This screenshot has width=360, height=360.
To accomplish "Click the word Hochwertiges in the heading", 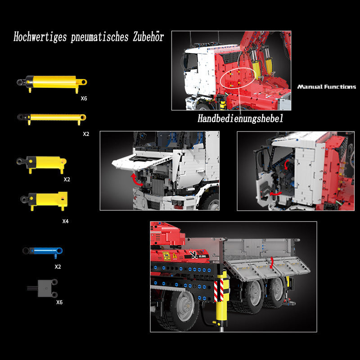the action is point(40,37).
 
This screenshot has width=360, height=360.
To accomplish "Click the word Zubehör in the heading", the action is point(148,37).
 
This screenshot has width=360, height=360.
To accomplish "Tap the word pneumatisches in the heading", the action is point(99,37).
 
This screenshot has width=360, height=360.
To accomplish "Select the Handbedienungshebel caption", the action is point(240,118).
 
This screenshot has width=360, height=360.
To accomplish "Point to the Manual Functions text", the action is point(327,86).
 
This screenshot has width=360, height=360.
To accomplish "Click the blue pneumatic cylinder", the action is point(43,251).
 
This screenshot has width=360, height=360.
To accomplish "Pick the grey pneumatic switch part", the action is point(43,288).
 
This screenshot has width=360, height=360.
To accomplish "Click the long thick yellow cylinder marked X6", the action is point(52,83).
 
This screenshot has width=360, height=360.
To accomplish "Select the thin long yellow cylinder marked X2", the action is point(52,118).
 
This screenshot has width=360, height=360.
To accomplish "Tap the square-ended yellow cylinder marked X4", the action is point(44,199).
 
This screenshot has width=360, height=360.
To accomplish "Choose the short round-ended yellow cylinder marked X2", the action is point(42,163).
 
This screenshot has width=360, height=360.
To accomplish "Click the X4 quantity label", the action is point(65,221).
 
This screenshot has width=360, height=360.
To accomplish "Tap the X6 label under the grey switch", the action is point(59,302).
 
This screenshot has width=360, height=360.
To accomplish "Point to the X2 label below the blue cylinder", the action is point(58,266).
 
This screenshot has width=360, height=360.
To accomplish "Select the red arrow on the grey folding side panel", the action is point(272,262).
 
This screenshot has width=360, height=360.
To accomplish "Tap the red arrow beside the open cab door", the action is point(275,194).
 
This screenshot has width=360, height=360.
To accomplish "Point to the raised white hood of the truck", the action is point(142,162).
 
